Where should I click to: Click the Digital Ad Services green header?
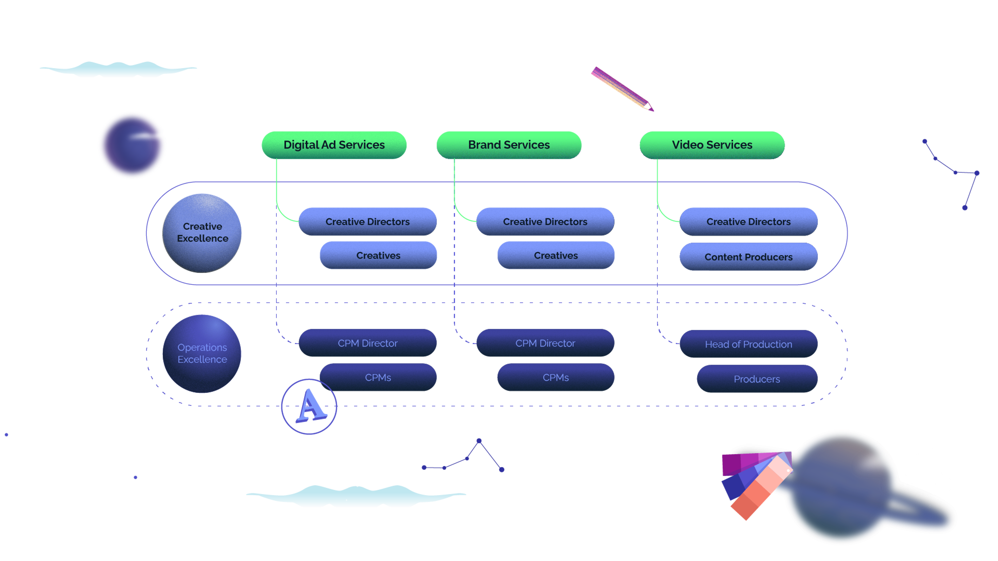(x=334, y=145)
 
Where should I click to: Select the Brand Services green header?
(x=509, y=145)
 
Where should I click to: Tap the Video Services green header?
(x=712, y=145)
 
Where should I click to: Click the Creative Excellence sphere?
(x=202, y=232)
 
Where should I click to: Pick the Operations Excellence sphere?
(x=202, y=353)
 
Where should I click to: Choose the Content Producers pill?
(x=748, y=257)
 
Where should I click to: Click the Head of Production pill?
(x=748, y=344)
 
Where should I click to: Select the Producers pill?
(x=757, y=379)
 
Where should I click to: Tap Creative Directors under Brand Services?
(x=545, y=222)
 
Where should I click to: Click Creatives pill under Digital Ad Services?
(x=378, y=256)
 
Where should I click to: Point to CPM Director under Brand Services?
(x=545, y=343)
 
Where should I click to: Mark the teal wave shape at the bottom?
(x=356, y=496)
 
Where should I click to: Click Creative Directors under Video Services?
(x=748, y=222)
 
